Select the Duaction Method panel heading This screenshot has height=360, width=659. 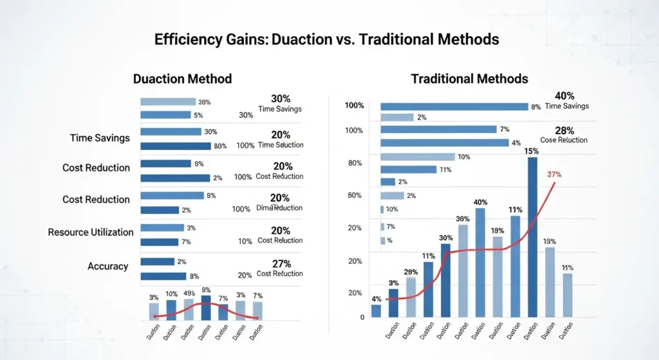pyautogui.click(x=182, y=79)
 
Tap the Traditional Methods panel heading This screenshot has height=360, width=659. pyautogui.click(x=469, y=79)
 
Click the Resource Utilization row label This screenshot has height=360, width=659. pyautogui.click(x=91, y=232)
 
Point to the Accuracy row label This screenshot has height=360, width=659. pyautogui.click(x=107, y=266)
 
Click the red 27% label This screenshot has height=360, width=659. pyautogui.click(x=554, y=175)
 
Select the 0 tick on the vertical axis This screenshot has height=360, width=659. pyautogui.click(x=362, y=317)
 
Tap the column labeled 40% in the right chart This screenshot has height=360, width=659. pyautogui.click(x=480, y=263)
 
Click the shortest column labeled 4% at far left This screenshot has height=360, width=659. pyautogui.click(x=376, y=310)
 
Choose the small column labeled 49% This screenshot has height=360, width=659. pyautogui.click(x=189, y=309)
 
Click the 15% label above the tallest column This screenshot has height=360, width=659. pyautogui.click(x=532, y=151)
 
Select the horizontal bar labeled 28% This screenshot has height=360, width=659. pyautogui.click(x=168, y=102)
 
